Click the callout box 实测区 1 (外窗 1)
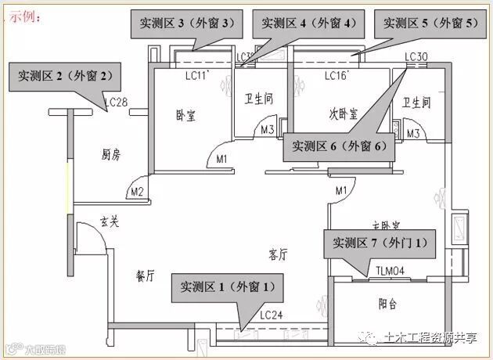pos(229,287)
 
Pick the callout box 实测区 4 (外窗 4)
pos(307,23)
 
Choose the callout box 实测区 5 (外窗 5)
pos(429,23)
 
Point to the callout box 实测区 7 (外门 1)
pos(380,243)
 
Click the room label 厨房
pos(111,154)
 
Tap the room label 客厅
pos(278,254)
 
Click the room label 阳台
pos(387,304)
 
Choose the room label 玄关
pos(110,222)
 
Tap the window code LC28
pos(115,103)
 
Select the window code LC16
pos(336,76)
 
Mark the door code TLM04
pos(389,271)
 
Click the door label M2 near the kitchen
pos(138,191)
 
